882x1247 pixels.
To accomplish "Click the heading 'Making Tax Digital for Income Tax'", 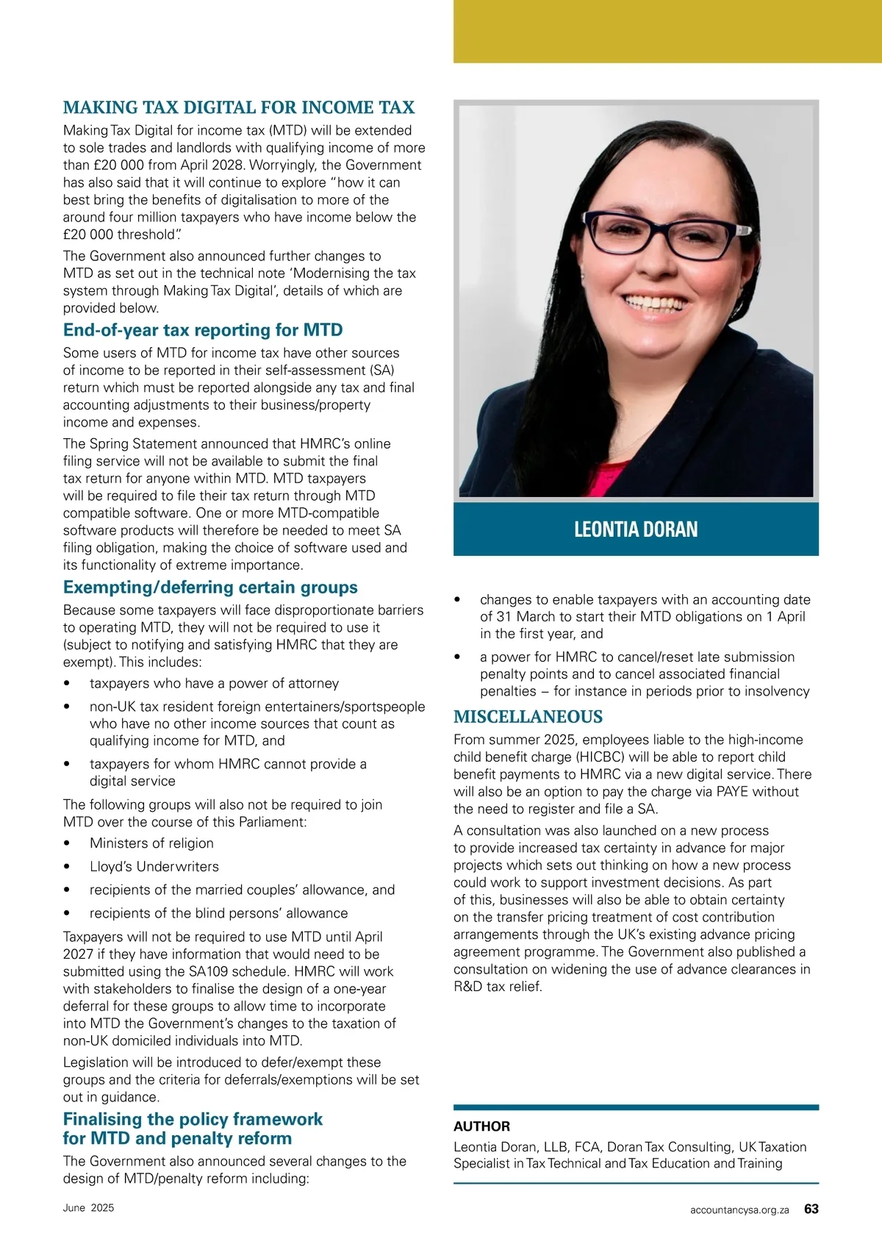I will pyautogui.click(x=239, y=107).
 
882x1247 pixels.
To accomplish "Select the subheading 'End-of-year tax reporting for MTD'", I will pyautogui.click(x=203, y=330).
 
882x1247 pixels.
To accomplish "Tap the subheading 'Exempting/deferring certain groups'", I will pyautogui.click(x=210, y=587).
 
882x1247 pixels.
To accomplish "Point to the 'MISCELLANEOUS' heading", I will pyautogui.click(x=528, y=717).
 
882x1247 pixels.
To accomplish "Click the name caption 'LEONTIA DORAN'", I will pyautogui.click(x=636, y=529).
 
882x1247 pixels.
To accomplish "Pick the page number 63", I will pyautogui.click(x=811, y=1209).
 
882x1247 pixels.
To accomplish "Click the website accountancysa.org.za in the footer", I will pyautogui.click(x=739, y=1210).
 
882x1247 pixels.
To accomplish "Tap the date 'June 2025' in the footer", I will pyautogui.click(x=88, y=1208).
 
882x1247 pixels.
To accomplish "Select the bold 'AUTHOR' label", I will pyautogui.click(x=481, y=1126).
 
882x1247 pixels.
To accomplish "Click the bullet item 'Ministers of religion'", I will pyautogui.click(x=151, y=843).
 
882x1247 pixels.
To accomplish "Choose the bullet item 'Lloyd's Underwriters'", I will pyautogui.click(x=154, y=867).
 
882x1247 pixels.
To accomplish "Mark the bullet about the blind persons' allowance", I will pyautogui.click(x=218, y=913).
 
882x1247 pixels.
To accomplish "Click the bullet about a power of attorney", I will pyautogui.click(x=214, y=684).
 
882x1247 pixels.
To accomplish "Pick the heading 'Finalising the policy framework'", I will pyautogui.click(x=193, y=1119).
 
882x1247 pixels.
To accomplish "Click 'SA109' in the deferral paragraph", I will pyautogui.click(x=209, y=971).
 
